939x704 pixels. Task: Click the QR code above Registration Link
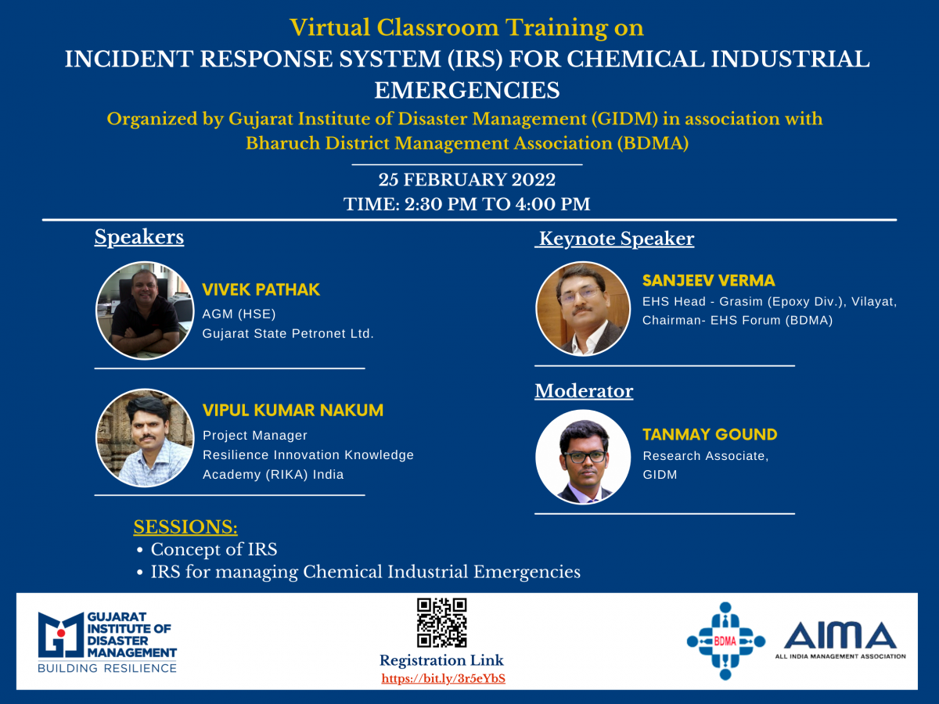click(441, 623)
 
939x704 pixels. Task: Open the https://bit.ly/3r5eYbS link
click(443, 678)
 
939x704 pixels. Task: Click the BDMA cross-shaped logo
click(725, 641)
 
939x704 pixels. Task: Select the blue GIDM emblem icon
click(61, 634)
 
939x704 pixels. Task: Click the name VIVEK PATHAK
click(261, 289)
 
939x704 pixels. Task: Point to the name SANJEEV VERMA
click(708, 280)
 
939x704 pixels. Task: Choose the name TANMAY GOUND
click(710, 434)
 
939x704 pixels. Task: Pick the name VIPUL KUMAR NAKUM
click(293, 411)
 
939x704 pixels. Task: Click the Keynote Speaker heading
click(616, 239)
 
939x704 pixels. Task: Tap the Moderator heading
click(584, 390)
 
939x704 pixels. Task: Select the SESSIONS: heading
click(185, 526)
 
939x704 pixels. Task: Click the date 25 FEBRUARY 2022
click(466, 180)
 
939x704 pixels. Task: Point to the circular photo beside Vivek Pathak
click(145, 311)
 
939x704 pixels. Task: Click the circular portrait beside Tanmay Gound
click(583, 457)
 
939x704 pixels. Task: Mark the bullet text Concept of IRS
click(214, 549)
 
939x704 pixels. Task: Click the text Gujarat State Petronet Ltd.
click(288, 333)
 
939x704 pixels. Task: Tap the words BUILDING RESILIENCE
click(107, 668)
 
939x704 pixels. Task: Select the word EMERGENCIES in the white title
click(466, 90)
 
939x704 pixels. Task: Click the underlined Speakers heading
click(139, 237)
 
